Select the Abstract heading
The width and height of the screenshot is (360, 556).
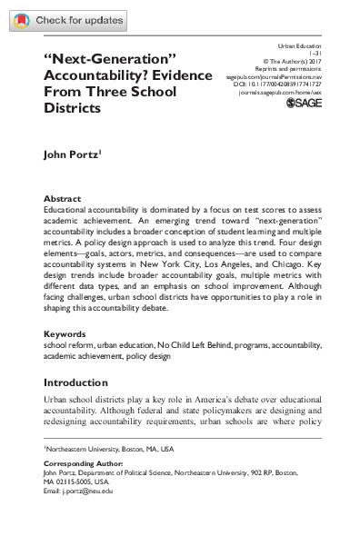[x=62, y=198]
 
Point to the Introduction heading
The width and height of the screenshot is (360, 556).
[x=81, y=382]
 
